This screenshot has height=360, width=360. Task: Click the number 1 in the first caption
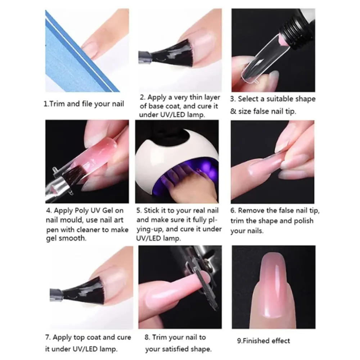[45, 104]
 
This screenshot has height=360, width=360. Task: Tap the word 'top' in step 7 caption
[86, 338]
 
